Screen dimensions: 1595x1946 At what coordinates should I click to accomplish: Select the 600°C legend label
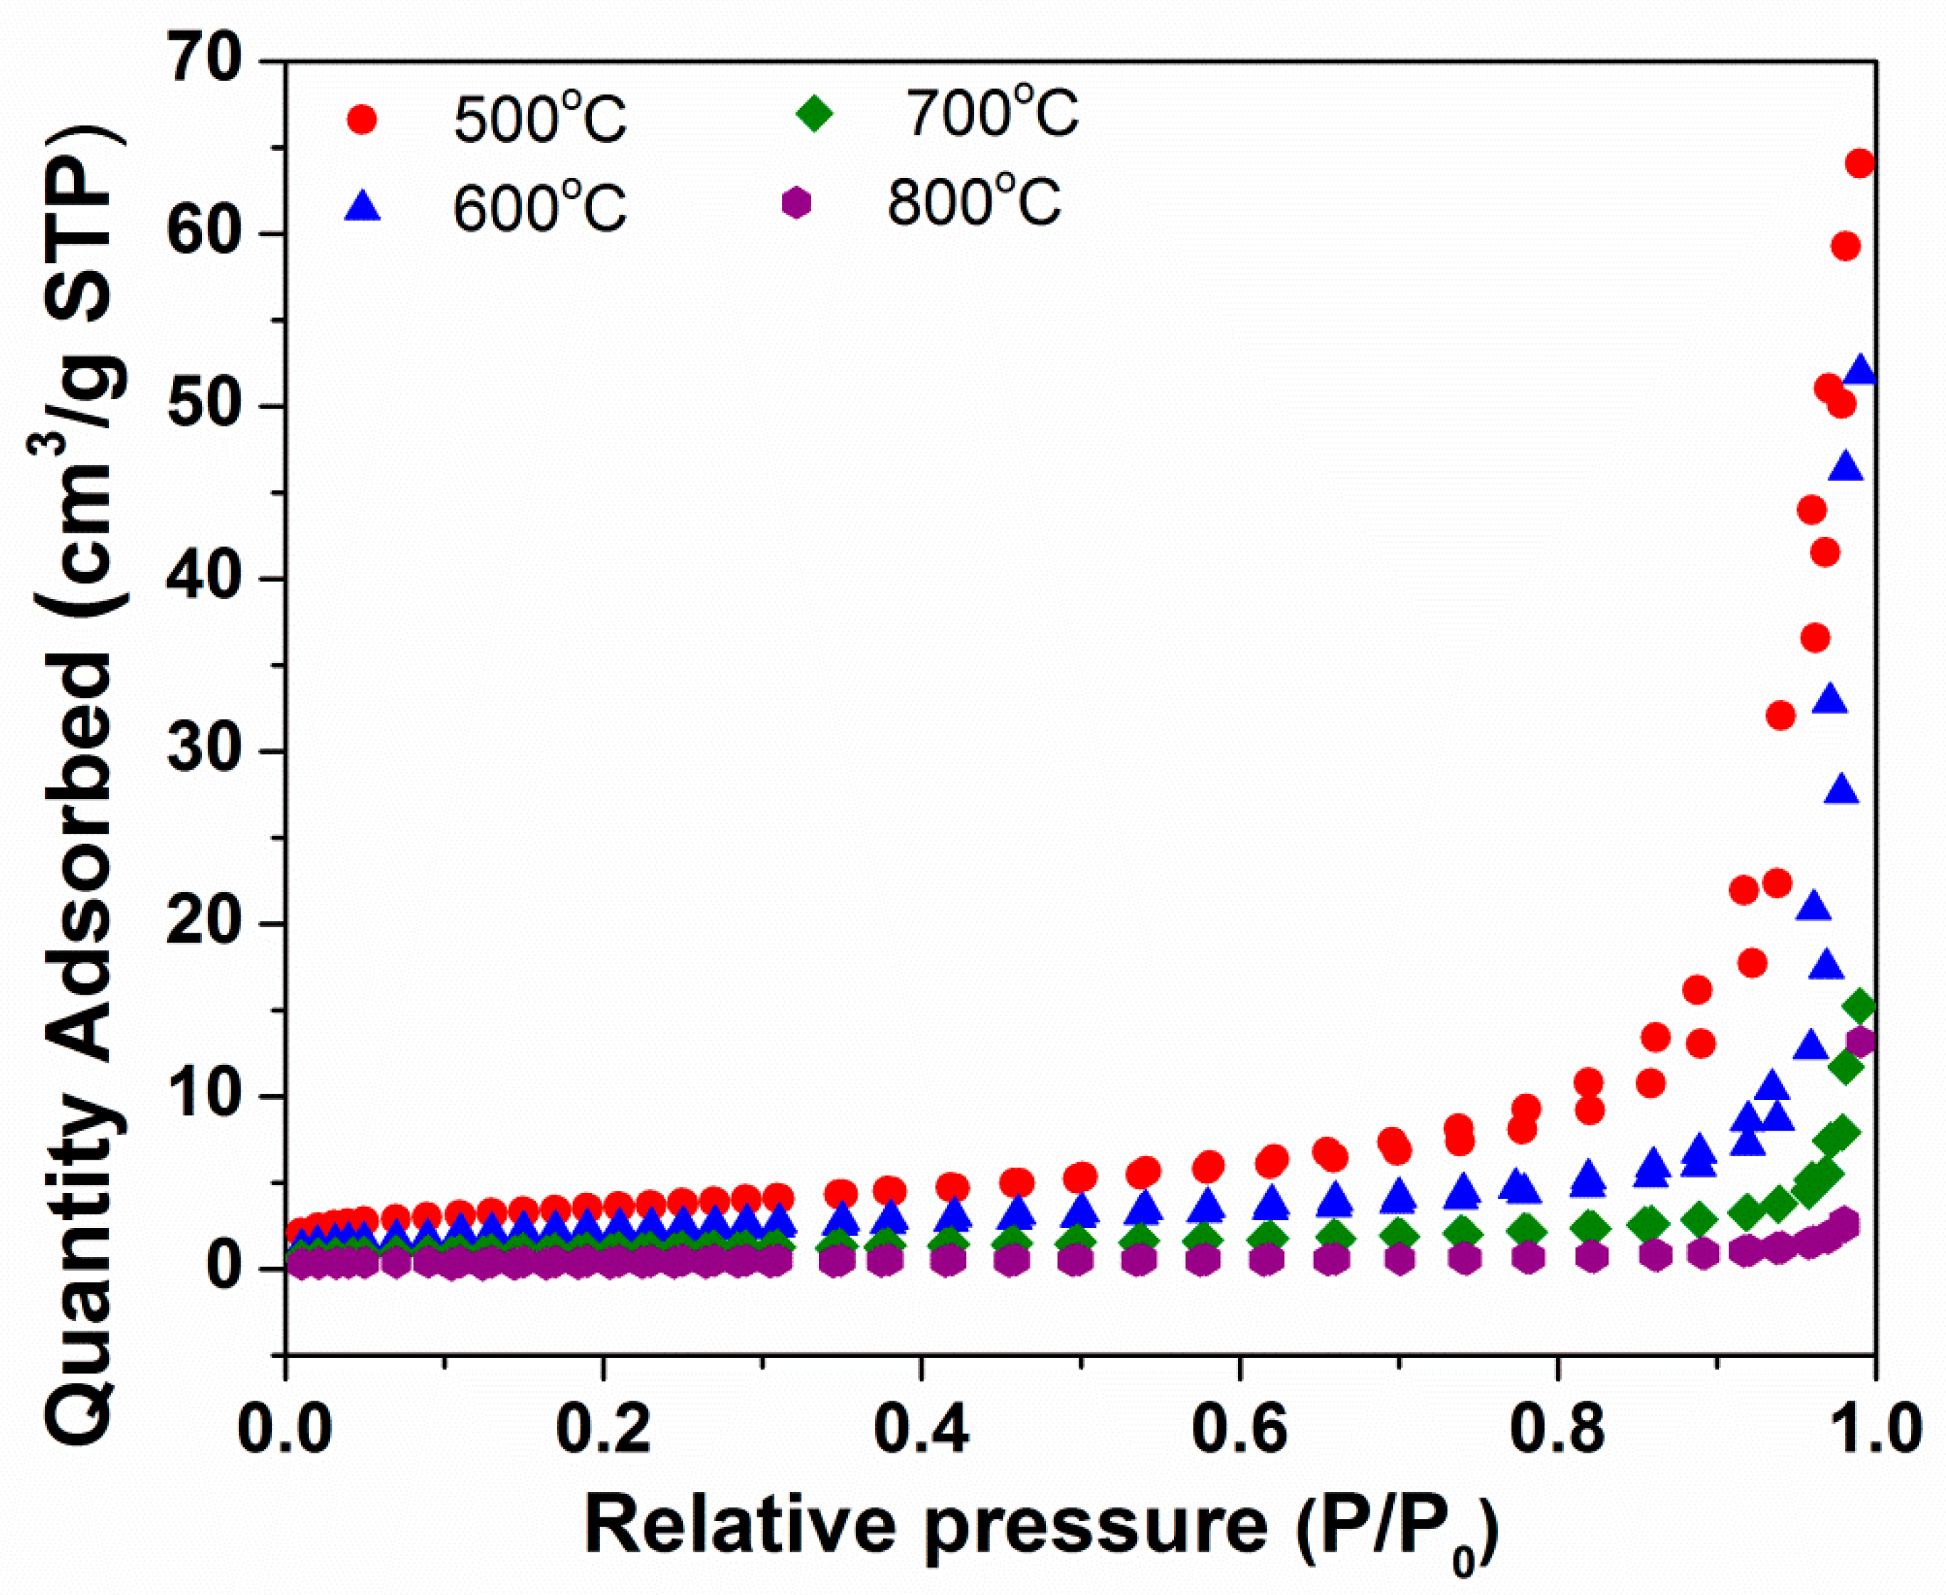click(x=539, y=207)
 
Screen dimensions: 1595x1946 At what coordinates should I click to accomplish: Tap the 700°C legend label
click(x=993, y=114)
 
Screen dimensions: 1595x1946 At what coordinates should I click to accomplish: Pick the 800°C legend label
click(x=974, y=202)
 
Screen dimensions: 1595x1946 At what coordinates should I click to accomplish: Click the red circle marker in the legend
click(x=362, y=120)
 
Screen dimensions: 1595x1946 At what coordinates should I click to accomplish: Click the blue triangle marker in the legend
click(x=362, y=207)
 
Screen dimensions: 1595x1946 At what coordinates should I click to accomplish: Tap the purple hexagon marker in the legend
click(x=797, y=202)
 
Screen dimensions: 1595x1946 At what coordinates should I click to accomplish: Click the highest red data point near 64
click(x=1858, y=164)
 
